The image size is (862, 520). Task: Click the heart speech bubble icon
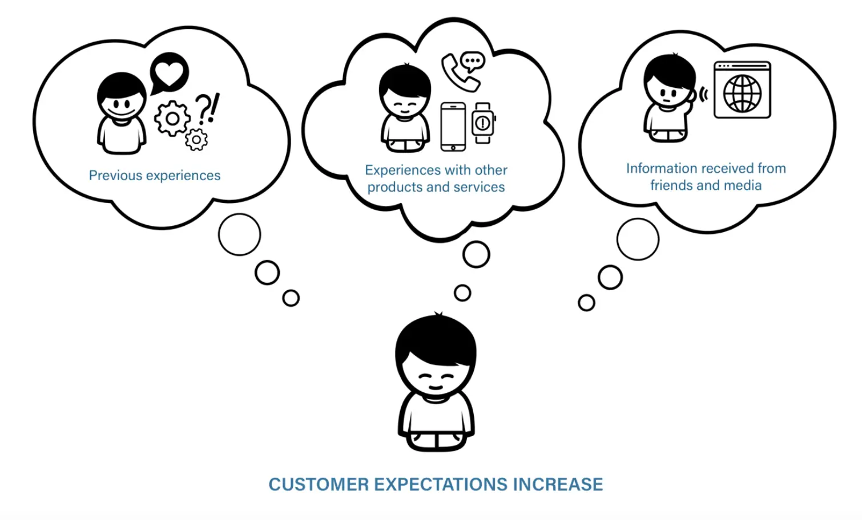click(170, 72)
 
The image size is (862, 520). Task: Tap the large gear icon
click(172, 119)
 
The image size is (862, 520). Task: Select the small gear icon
click(196, 140)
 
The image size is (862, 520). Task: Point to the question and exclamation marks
click(207, 108)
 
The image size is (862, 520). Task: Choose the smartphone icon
click(453, 127)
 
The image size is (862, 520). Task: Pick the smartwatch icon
click(483, 123)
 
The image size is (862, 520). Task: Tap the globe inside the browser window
click(743, 94)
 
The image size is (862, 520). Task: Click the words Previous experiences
click(155, 176)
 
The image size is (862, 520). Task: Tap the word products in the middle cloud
click(394, 188)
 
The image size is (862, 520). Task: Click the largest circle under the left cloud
click(240, 234)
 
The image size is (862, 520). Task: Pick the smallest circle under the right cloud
click(586, 303)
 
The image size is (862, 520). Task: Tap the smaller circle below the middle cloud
click(462, 293)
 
